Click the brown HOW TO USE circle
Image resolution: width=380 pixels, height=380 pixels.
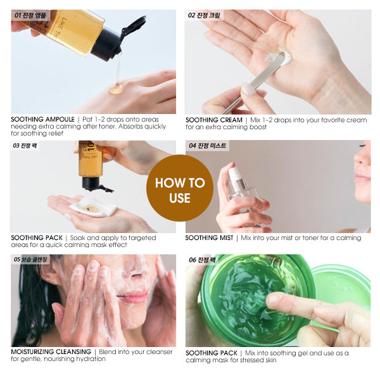(179, 190)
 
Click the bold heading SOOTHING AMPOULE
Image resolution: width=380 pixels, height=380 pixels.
(42, 119)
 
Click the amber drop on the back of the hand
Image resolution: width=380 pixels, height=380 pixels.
(116, 88)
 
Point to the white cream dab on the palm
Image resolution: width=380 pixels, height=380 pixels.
(284, 58)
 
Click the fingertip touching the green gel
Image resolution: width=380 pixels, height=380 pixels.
(272, 302)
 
